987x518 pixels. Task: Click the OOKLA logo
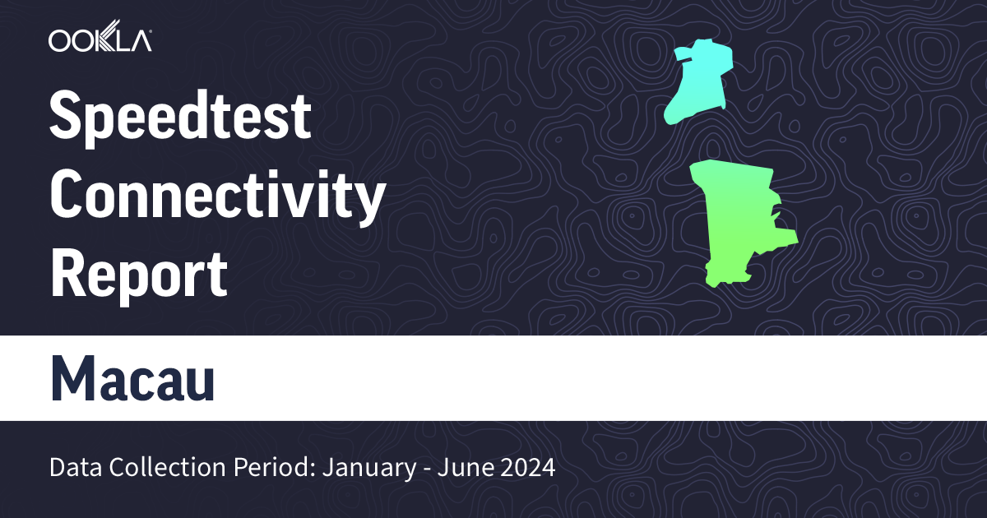click(100, 40)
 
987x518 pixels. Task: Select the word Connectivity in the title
click(217, 198)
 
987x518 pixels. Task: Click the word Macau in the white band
click(132, 378)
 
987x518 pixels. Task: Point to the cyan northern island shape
click(700, 83)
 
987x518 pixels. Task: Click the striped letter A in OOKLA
click(139, 40)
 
